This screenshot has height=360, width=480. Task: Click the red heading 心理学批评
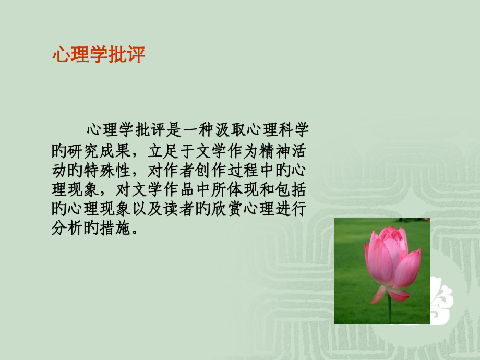[99, 55]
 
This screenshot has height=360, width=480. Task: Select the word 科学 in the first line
[294, 130]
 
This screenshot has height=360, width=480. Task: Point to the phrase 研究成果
[99, 151]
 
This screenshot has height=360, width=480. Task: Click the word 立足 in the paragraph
[163, 151]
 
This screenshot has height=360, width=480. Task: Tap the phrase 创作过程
[226, 170]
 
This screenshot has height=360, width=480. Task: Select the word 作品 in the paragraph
[179, 189]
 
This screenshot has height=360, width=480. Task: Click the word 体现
[243, 189]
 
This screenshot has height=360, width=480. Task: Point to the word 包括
[291, 189]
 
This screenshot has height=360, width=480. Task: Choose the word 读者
[179, 209]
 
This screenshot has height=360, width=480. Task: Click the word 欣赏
[227, 209]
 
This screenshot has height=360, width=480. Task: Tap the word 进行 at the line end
[291, 209]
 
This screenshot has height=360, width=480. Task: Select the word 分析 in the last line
[67, 228]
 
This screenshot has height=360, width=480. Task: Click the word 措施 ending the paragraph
[115, 228]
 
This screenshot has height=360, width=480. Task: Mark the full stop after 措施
[135, 232]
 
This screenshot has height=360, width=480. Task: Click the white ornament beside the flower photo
[441, 300]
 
